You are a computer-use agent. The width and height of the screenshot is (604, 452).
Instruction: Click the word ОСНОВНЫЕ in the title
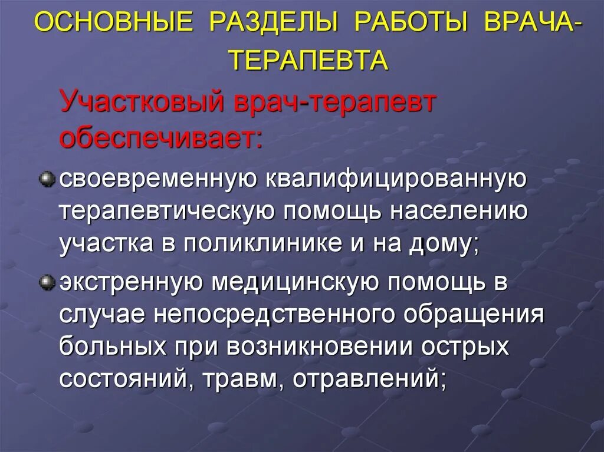(114, 25)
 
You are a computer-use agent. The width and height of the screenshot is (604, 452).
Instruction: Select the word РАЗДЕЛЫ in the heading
(273, 25)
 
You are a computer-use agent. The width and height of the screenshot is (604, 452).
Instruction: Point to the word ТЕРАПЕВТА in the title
(308, 60)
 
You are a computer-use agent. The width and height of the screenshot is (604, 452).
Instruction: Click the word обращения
(474, 315)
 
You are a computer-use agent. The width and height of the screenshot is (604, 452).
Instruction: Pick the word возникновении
(323, 347)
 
